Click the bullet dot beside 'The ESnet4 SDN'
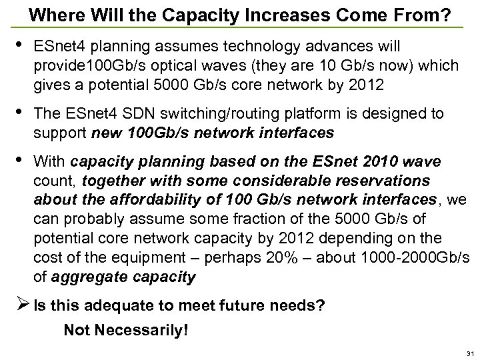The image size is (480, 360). click(x=23, y=113)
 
